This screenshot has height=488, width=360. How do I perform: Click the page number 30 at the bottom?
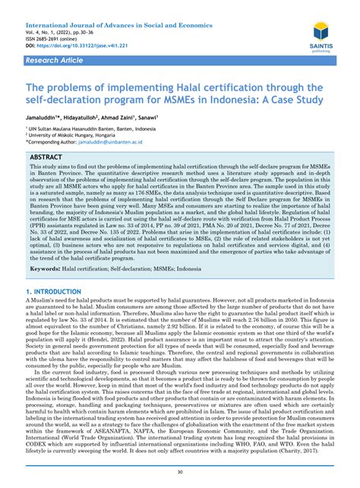pyautogui.click(x=179, y=471)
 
